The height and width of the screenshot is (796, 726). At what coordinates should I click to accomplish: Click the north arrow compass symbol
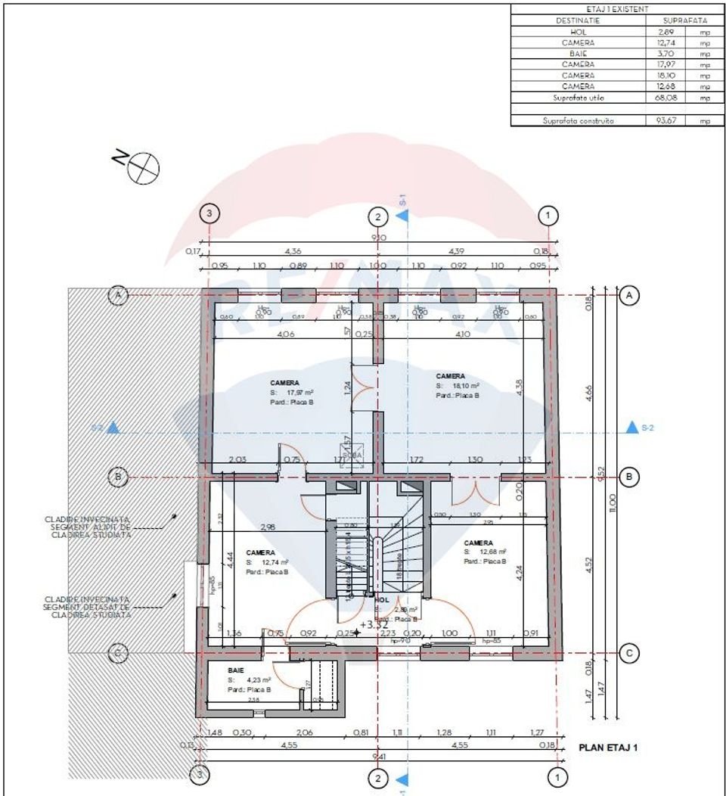(144, 167)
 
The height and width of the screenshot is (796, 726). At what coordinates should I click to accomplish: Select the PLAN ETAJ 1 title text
(608, 748)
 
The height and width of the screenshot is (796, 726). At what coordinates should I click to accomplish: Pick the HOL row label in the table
(578, 32)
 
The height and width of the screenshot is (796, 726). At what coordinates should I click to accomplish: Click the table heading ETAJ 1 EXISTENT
(612, 9)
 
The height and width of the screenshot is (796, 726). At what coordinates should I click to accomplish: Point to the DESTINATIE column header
(578, 20)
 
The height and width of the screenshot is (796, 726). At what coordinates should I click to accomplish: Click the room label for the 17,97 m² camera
(284, 383)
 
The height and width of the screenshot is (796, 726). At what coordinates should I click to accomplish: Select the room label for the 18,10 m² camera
(451, 376)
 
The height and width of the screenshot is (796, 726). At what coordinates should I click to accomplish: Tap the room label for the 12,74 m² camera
(260, 552)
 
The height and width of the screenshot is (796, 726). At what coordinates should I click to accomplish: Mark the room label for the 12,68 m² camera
(479, 543)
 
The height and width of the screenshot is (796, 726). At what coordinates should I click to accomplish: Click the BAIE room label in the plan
(236, 670)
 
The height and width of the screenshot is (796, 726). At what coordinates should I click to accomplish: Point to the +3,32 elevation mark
(374, 624)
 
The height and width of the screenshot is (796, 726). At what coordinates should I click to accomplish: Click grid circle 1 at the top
(549, 216)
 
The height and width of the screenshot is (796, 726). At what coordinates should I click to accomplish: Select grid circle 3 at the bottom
(199, 774)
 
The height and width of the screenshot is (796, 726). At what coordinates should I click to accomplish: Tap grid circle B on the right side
(628, 477)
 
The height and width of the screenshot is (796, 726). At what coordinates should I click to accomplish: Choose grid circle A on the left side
(117, 295)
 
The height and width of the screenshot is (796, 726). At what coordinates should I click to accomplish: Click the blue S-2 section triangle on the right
(631, 428)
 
